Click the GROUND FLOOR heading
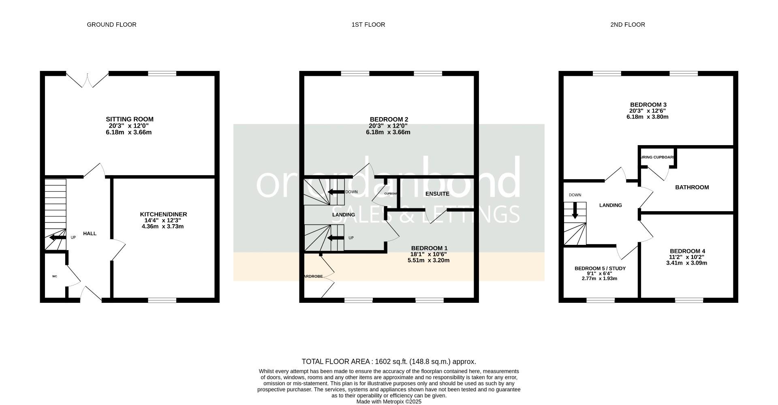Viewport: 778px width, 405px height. [x=111, y=25]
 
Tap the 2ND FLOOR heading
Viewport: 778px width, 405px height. [x=627, y=25]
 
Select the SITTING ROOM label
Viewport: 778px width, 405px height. [x=130, y=119]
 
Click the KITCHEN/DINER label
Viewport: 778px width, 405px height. [x=163, y=214]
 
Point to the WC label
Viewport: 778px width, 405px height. [x=55, y=276]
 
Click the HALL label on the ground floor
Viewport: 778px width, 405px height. [x=90, y=234]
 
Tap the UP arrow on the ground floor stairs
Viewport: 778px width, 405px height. [x=56, y=237]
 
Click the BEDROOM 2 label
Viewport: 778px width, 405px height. [x=389, y=119]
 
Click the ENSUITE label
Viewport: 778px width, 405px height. [x=437, y=194]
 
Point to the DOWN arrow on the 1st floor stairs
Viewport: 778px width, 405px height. [x=336, y=192]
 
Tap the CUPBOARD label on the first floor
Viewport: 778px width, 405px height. [x=391, y=194]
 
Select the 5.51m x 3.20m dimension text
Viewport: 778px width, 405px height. [x=428, y=260]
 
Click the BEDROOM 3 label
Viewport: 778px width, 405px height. [x=648, y=105]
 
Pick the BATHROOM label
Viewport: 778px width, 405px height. [x=692, y=187]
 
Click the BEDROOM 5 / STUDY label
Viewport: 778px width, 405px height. [x=600, y=268]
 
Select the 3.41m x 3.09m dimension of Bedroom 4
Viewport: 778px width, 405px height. [x=686, y=263]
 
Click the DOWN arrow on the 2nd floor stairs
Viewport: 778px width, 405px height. [x=575, y=211]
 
